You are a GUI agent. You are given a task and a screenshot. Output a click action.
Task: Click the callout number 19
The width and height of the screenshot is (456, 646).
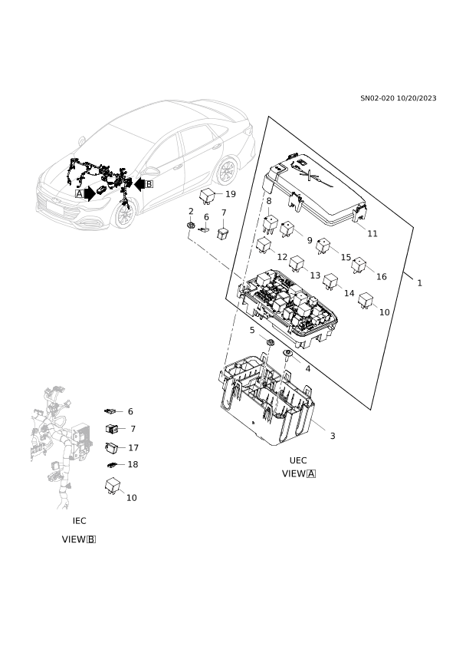(x=231, y=194)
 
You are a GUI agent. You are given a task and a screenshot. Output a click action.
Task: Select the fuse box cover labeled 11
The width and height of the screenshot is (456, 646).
(x=314, y=190)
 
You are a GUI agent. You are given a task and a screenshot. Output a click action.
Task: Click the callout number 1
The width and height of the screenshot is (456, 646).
(x=419, y=283)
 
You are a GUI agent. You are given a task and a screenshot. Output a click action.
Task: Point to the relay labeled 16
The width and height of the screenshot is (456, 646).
(x=359, y=265)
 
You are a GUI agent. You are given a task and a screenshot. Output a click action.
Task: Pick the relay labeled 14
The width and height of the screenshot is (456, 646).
(x=330, y=282)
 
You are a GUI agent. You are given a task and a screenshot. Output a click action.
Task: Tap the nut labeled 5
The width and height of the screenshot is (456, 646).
(x=270, y=343)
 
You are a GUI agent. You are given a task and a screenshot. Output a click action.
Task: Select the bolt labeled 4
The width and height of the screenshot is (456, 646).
(x=287, y=354)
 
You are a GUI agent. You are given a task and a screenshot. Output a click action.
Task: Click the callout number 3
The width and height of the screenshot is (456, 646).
(x=333, y=436)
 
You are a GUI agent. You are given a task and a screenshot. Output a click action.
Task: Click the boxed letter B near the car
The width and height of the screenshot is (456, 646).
(x=149, y=183)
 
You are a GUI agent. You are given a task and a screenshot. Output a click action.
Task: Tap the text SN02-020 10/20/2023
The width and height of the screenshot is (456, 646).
(x=398, y=98)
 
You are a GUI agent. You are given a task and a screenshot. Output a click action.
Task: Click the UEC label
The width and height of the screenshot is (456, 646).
(x=298, y=460)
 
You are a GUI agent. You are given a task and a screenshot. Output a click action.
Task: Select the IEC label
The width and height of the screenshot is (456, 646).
(x=80, y=521)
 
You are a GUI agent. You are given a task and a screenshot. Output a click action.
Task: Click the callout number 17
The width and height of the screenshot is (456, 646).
(x=133, y=448)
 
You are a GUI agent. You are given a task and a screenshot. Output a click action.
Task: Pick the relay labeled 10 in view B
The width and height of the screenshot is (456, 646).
(x=113, y=486)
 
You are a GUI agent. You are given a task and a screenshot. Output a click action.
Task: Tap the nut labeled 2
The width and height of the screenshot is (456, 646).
(x=191, y=226)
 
